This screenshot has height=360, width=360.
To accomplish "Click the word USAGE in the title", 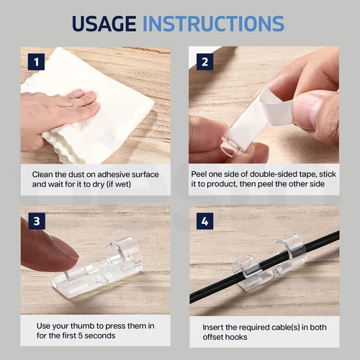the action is (x=104, y=24).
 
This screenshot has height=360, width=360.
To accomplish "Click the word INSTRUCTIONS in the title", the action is (x=214, y=24).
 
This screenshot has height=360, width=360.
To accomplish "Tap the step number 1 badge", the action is (x=36, y=62).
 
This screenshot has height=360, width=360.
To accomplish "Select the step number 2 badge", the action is (x=204, y=62).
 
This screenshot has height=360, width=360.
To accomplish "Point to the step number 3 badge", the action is (x=37, y=221).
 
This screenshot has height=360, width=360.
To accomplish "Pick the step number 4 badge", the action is (x=204, y=221).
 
